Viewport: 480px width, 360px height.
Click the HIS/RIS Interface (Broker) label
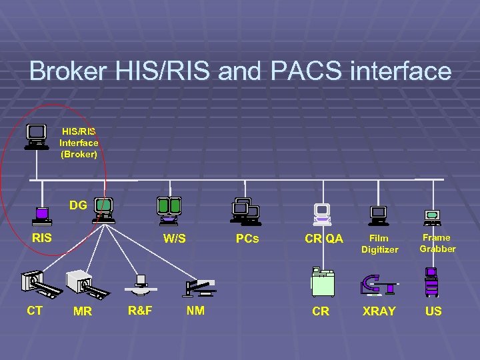click(x=79, y=143)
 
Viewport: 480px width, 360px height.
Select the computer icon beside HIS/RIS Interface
click(x=37, y=136)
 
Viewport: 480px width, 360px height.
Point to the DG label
click(x=78, y=205)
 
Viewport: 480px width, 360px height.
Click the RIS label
click(x=42, y=237)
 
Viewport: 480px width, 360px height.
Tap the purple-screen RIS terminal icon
click(x=43, y=215)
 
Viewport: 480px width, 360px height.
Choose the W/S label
click(x=175, y=239)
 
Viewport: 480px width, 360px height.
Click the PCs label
click(x=247, y=238)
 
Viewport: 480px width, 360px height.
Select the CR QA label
click(x=324, y=239)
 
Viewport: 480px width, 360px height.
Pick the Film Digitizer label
click(x=379, y=243)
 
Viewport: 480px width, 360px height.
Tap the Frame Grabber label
click(x=437, y=243)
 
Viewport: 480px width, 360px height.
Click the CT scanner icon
click(x=40, y=283)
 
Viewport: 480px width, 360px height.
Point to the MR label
click(x=83, y=311)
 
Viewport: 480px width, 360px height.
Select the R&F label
click(x=140, y=310)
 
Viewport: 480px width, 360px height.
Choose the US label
click(x=433, y=311)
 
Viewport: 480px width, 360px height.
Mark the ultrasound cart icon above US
click(x=433, y=281)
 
